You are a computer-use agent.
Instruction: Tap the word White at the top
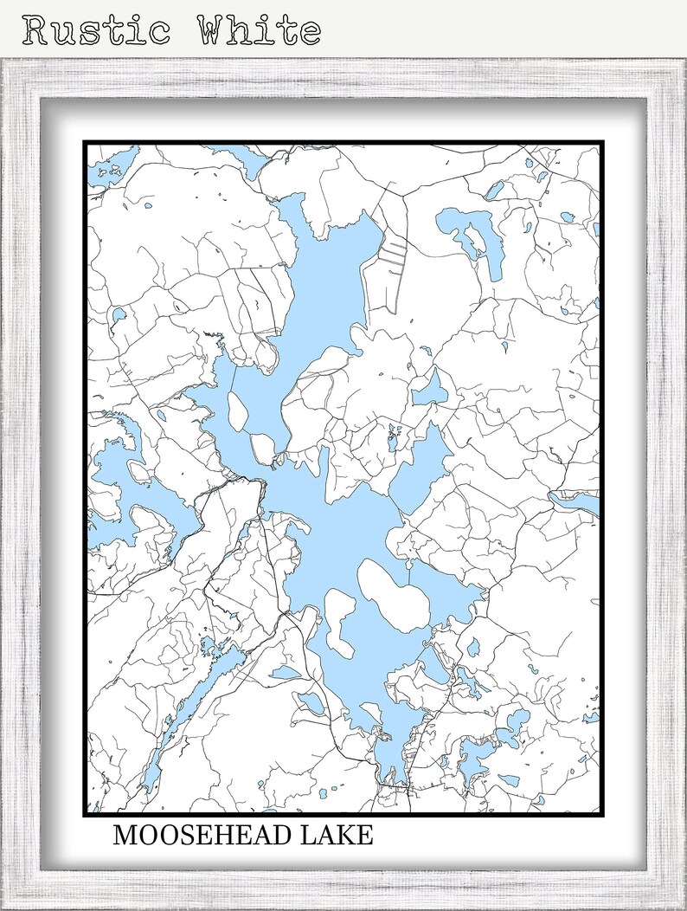(x=259, y=30)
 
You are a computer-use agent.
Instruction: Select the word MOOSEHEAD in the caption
(x=201, y=837)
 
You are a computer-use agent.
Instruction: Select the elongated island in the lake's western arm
(x=241, y=414)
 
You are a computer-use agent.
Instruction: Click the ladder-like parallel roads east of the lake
(x=393, y=254)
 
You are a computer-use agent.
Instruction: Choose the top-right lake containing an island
(x=472, y=237)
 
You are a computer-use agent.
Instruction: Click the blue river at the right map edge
(x=575, y=501)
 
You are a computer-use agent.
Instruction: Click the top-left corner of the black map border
(x=85, y=142)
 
